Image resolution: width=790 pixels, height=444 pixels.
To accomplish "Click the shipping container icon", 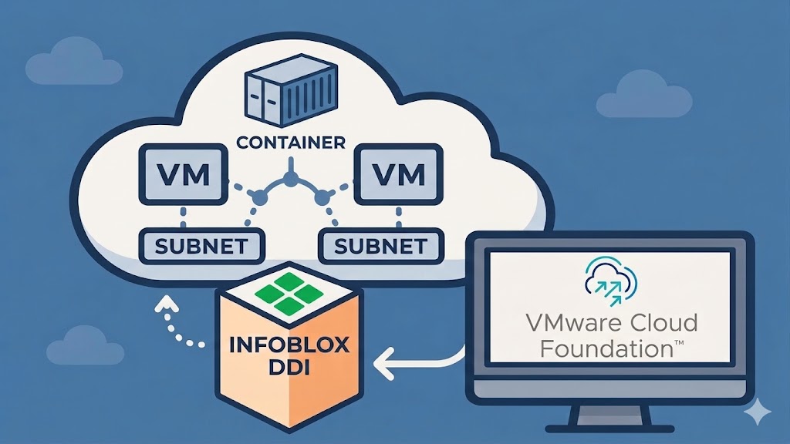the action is (291, 90).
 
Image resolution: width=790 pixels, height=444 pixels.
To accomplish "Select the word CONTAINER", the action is (291, 143).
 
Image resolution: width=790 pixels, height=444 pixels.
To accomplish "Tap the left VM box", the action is (184, 175).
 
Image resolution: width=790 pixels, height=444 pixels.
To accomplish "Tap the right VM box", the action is (399, 175).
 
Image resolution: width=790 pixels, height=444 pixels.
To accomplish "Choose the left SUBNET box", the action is (201, 246).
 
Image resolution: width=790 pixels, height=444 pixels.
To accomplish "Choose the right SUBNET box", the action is (381, 246).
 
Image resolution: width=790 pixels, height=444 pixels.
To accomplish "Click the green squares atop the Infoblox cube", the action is (289, 293).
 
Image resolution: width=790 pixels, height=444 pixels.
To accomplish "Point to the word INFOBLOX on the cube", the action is (289, 345).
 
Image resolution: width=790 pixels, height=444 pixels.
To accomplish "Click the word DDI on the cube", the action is (289, 368).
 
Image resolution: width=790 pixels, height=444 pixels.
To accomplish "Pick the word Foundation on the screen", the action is (606, 349).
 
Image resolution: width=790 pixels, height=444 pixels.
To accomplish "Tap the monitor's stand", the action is (609, 418).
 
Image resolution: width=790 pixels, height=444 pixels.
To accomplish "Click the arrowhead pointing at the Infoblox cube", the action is (383, 362).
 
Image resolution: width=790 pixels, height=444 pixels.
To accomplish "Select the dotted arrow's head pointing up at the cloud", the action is (167, 304).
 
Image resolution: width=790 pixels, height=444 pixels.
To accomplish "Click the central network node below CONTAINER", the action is (290, 178).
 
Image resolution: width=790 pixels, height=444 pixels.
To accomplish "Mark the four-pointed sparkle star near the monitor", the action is (758, 412).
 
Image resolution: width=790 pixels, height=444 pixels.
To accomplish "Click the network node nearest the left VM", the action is (258, 198).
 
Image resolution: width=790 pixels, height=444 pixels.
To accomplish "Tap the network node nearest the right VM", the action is (322, 198).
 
